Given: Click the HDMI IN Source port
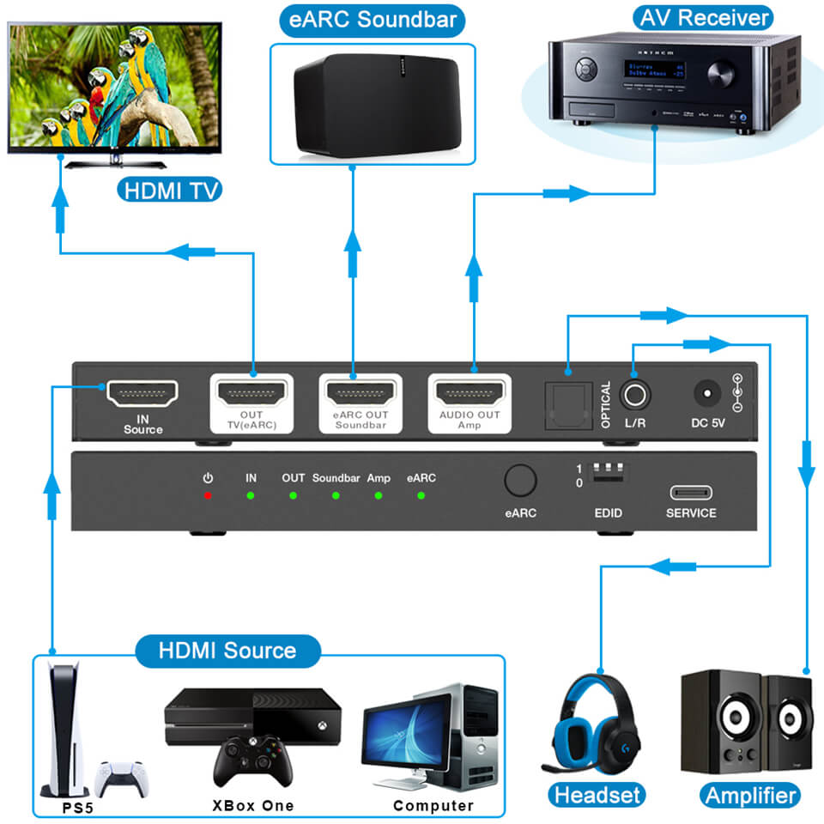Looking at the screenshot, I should [x=142, y=393].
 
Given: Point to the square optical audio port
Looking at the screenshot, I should [x=567, y=396].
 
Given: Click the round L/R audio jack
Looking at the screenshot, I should [x=635, y=395].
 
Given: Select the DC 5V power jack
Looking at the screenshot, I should [x=706, y=395].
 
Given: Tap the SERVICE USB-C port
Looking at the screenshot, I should [x=691, y=494].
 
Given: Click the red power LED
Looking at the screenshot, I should [x=208, y=495].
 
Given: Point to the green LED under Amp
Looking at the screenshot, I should [x=378, y=495].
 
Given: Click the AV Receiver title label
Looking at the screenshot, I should [x=702, y=17].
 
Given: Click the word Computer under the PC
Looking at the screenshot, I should [x=433, y=805].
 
